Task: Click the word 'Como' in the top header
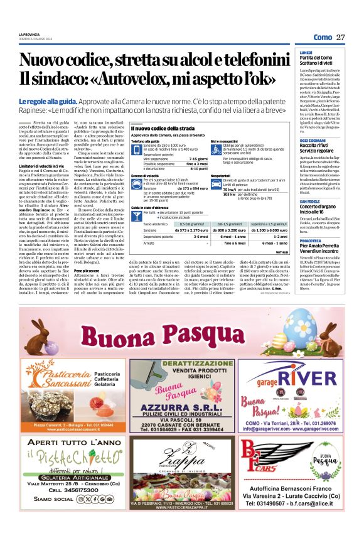pos(323,38)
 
